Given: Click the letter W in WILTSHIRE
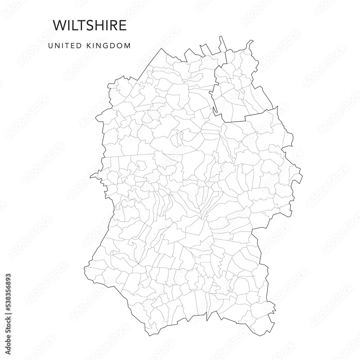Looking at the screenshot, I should click(x=59, y=25).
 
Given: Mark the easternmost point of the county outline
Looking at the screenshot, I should click(x=302, y=176).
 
